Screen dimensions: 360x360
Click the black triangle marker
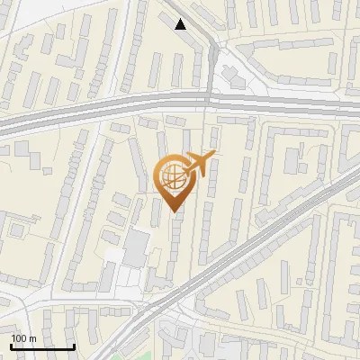click(181, 23)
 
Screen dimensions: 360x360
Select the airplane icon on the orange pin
click(199, 164)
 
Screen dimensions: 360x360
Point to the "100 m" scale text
click(23, 337)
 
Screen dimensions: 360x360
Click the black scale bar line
click(42, 346)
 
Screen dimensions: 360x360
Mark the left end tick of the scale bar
click(12, 345)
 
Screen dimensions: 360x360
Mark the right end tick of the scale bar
click(74, 345)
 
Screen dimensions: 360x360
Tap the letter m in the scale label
click(32, 337)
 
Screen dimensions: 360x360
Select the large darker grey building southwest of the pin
click(136, 247)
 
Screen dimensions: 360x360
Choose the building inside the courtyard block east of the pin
click(292, 160)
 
